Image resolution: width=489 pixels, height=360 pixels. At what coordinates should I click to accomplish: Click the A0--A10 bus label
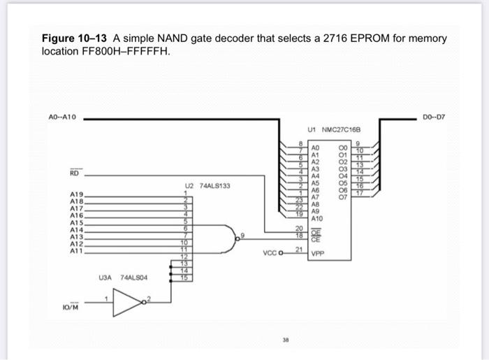pos(66,118)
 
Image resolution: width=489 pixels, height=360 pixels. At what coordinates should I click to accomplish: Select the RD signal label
pos(73,173)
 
